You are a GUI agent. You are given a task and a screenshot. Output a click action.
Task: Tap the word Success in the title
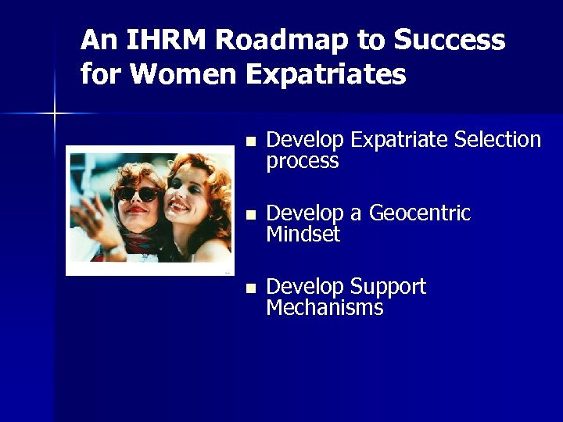450,40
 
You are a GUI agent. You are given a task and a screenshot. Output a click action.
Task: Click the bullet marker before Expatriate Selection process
249,141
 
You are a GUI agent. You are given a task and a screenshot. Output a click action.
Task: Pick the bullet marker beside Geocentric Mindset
249,215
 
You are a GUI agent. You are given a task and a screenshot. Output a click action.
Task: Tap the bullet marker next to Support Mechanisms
249,288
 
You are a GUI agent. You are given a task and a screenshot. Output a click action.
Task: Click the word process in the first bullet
302,162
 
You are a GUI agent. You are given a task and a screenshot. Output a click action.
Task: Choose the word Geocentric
419,213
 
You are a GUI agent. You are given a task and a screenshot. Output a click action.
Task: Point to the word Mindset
303,234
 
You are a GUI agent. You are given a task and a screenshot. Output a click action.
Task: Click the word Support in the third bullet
389,287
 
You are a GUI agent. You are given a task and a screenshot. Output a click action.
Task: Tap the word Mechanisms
325,308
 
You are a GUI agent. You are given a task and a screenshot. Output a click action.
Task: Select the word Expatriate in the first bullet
400,140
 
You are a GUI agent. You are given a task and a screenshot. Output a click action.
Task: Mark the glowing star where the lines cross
55,114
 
